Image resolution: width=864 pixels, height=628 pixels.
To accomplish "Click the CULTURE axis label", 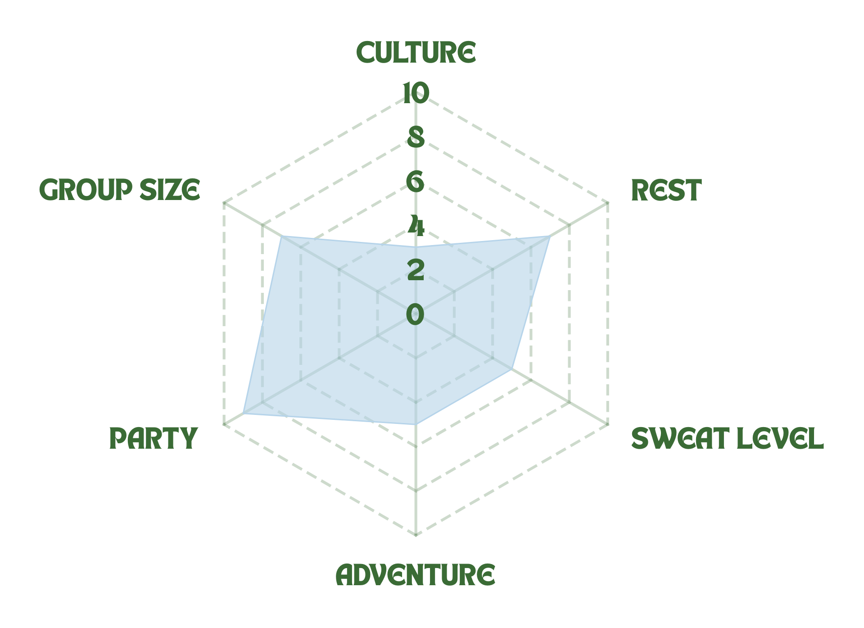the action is (416, 53).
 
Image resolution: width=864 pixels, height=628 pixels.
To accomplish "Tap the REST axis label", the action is (666, 190).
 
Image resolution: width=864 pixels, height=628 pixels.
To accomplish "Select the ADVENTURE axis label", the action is (415, 575).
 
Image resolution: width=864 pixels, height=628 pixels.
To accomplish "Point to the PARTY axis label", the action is (154, 438).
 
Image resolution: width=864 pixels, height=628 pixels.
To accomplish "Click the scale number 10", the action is (416, 93).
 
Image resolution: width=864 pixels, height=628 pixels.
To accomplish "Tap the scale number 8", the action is (416, 137).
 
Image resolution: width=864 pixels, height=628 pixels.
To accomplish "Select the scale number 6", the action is (416, 182).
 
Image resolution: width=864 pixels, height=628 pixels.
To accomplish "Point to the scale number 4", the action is (416, 227).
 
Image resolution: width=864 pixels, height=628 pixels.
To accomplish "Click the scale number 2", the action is (416, 270).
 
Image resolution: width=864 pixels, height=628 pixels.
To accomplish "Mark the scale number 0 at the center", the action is (416, 314).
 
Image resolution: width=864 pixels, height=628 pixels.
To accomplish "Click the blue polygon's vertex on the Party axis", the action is (243, 414).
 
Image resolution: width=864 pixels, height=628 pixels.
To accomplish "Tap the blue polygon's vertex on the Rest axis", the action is (551, 236).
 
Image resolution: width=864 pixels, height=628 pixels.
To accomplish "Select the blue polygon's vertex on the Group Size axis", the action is (280, 236).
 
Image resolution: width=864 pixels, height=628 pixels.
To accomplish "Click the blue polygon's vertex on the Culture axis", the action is (416, 247).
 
